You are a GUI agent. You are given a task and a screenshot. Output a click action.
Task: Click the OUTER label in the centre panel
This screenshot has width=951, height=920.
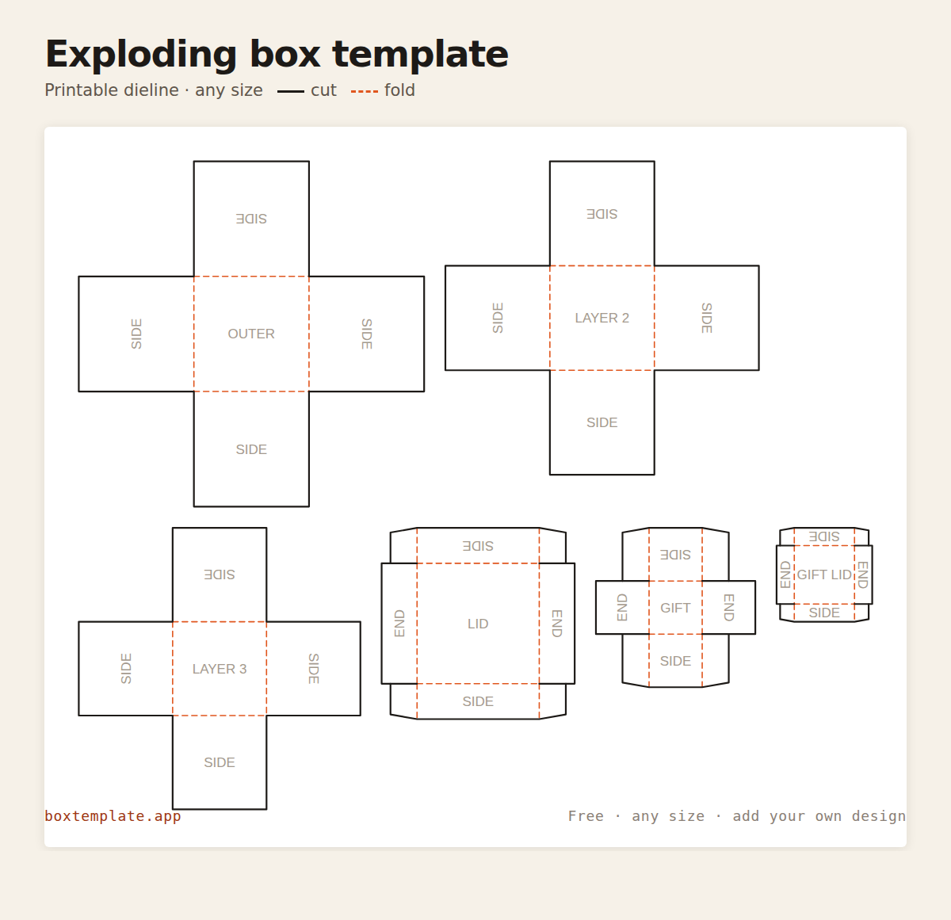pyautogui.click(x=251, y=334)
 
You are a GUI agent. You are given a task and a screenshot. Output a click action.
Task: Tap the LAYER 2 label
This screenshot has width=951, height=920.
pyautogui.click(x=602, y=318)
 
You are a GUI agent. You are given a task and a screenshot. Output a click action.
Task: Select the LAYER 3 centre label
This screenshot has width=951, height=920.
pyautogui.click(x=220, y=669)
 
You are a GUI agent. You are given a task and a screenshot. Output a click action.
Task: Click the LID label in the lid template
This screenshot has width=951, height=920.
pyautogui.click(x=477, y=624)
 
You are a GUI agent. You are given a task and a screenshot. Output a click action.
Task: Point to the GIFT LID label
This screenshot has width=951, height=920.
pyautogui.click(x=824, y=575)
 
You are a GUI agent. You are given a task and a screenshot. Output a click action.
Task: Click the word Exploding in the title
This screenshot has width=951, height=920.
pyautogui.click(x=141, y=55)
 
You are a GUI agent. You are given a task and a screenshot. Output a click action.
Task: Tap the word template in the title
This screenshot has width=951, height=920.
pyautogui.click(x=420, y=55)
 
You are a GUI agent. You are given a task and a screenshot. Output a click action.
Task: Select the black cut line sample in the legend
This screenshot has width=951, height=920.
pyautogui.click(x=290, y=91)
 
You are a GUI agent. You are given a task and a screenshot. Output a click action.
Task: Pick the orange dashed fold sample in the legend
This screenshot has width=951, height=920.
pyautogui.click(x=364, y=91)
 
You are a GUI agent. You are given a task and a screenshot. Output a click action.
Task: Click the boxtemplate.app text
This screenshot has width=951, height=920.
pyautogui.click(x=113, y=816)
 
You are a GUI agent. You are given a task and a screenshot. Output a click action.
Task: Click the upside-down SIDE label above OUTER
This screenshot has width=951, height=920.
pyautogui.click(x=251, y=219)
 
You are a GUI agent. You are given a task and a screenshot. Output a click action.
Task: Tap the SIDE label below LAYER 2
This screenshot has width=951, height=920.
pyautogui.click(x=602, y=422)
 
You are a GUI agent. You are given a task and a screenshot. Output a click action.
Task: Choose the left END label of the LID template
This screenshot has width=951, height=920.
pyautogui.click(x=399, y=624)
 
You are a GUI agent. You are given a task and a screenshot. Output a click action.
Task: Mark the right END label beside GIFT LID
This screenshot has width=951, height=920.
pyautogui.click(x=863, y=575)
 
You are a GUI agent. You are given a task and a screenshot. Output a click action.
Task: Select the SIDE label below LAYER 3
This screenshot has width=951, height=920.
pyautogui.click(x=220, y=762)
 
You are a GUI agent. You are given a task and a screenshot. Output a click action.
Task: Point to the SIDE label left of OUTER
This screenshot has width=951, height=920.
pyautogui.click(x=136, y=334)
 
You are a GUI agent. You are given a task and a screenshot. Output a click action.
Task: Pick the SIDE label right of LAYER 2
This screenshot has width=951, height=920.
pyautogui.click(x=707, y=318)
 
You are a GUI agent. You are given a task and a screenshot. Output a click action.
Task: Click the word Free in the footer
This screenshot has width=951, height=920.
pyautogui.click(x=586, y=816)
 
